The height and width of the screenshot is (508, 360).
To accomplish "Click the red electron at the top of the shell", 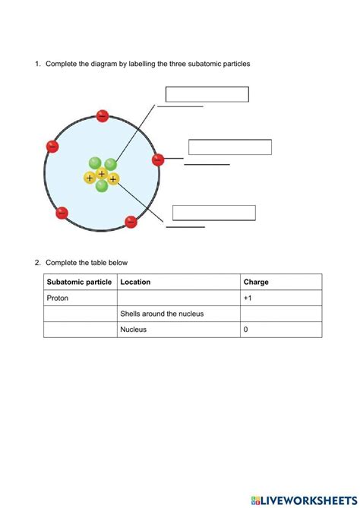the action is [x=103, y=116].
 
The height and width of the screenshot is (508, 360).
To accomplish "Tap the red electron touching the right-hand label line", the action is [x=158, y=160].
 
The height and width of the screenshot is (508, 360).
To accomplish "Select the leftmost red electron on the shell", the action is [x=52, y=147].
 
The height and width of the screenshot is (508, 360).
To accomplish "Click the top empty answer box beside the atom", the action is [x=207, y=94].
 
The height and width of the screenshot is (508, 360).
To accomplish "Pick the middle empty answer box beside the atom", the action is [x=229, y=147].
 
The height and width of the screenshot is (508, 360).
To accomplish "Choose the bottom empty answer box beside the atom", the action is [x=214, y=213].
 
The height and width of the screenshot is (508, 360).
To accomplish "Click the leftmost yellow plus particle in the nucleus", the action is [x=90, y=178].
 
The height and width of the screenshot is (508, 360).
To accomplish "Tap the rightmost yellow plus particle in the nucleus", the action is [x=113, y=179].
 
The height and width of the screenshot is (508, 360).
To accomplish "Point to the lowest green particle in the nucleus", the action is [x=102, y=186].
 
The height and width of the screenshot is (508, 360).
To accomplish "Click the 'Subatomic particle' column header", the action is [x=79, y=282].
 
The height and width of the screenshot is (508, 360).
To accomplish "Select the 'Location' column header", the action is [x=135, y=282].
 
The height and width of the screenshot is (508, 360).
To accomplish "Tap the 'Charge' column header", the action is [x=256, y=282].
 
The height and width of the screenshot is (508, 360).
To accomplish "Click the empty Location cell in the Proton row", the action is [x=178, y=298].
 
